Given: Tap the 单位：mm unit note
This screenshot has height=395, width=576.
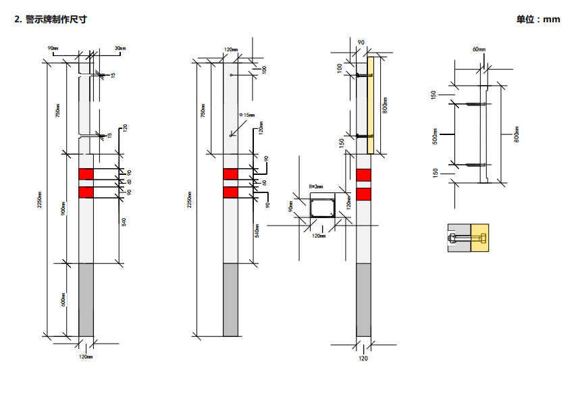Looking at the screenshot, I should [x=538, y=20].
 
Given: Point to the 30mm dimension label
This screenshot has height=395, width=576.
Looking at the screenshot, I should [x=120, y=48].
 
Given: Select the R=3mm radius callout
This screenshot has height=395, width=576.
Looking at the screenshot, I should [x=315, y=186].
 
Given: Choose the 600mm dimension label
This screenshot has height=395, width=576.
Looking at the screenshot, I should [x=63, y=299].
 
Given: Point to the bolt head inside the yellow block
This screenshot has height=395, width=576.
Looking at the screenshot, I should [x=481, y=238].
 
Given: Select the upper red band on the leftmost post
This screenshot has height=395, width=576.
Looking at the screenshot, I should [x=86, y=174].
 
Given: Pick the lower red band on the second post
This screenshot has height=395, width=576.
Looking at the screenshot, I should [x=230, y=192].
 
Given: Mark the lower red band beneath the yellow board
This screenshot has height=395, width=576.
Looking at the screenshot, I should [x=363, y=195].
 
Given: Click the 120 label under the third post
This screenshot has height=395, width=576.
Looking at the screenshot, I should [x=363, y=359].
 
